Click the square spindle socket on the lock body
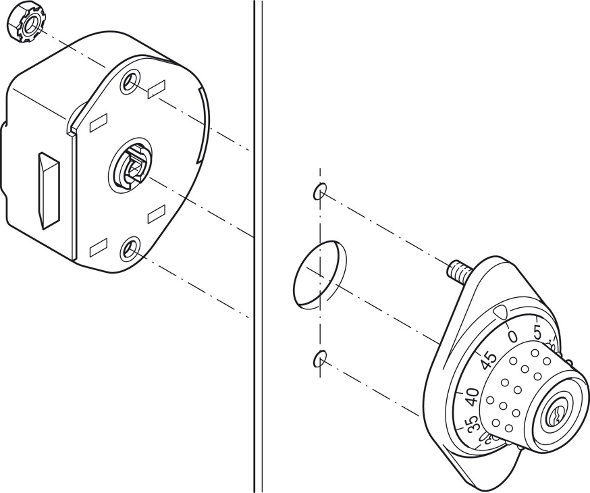[x=132, y=167]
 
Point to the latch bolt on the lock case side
[x=49, y=189]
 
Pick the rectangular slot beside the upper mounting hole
[x=157, y=87]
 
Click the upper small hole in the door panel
[x=319, y=192]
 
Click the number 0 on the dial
[x=512, y=336]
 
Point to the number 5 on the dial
[x=537, y=332]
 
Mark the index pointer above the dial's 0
[x=501, y=311]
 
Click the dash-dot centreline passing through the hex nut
[x=74, y=51]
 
